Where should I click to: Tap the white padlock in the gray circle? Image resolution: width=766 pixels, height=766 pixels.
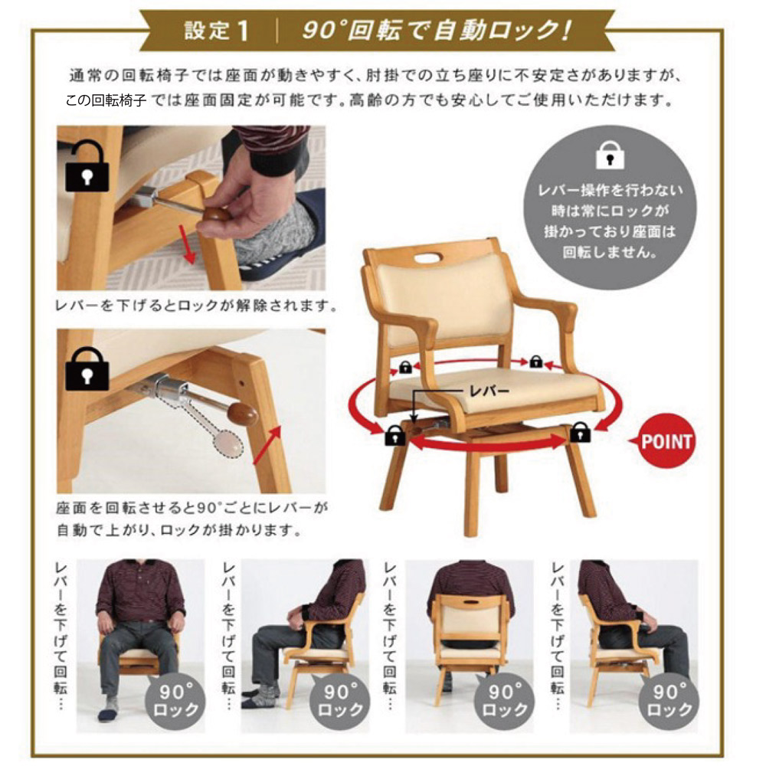click(610, 155)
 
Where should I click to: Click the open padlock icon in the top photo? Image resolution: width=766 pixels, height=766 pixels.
click(87, 166)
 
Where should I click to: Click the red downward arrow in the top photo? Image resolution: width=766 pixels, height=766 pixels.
click(186, 244)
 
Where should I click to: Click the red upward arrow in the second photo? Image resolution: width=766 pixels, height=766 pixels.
click(267, 445)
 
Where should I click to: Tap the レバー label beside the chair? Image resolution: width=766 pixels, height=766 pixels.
click(489, 391)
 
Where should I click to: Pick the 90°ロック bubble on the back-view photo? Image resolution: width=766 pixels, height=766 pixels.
click(505, 701)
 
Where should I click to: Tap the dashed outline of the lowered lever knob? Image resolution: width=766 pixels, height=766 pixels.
click(228, 442)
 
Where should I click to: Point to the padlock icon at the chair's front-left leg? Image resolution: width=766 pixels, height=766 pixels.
click(394, 435)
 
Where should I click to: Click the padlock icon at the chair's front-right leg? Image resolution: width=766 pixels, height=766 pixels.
click(580, 432)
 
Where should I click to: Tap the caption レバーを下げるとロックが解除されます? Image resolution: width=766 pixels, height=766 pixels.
click(196, 306)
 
